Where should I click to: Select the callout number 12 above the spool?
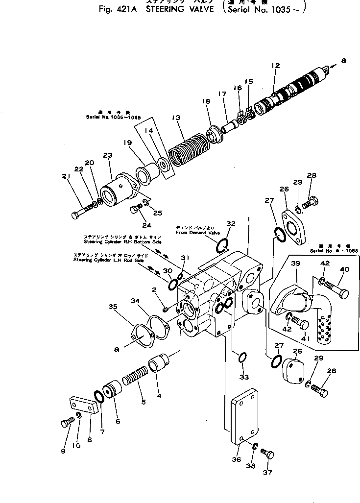(275, 66)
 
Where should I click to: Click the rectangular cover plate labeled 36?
(243, 416)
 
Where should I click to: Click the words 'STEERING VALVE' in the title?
(179, 10)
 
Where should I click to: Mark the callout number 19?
(127, 143)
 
